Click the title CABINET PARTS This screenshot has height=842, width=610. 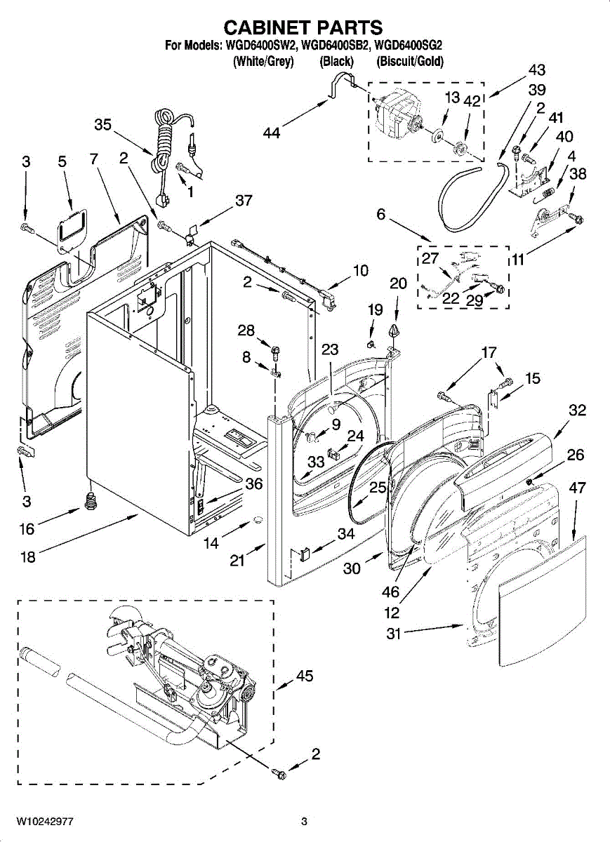303,27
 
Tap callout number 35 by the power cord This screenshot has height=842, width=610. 102,126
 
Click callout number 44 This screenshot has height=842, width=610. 272,131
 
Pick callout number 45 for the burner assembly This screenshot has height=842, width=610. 305,676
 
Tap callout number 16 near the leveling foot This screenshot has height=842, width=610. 27,530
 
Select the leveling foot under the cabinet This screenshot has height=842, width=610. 89,500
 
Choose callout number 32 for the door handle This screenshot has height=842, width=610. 577,410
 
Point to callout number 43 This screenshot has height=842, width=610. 536,70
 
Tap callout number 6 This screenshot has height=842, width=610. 380,214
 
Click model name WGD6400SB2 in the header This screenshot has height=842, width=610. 336,47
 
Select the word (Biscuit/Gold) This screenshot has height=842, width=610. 410,62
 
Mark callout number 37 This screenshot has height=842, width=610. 243,201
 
